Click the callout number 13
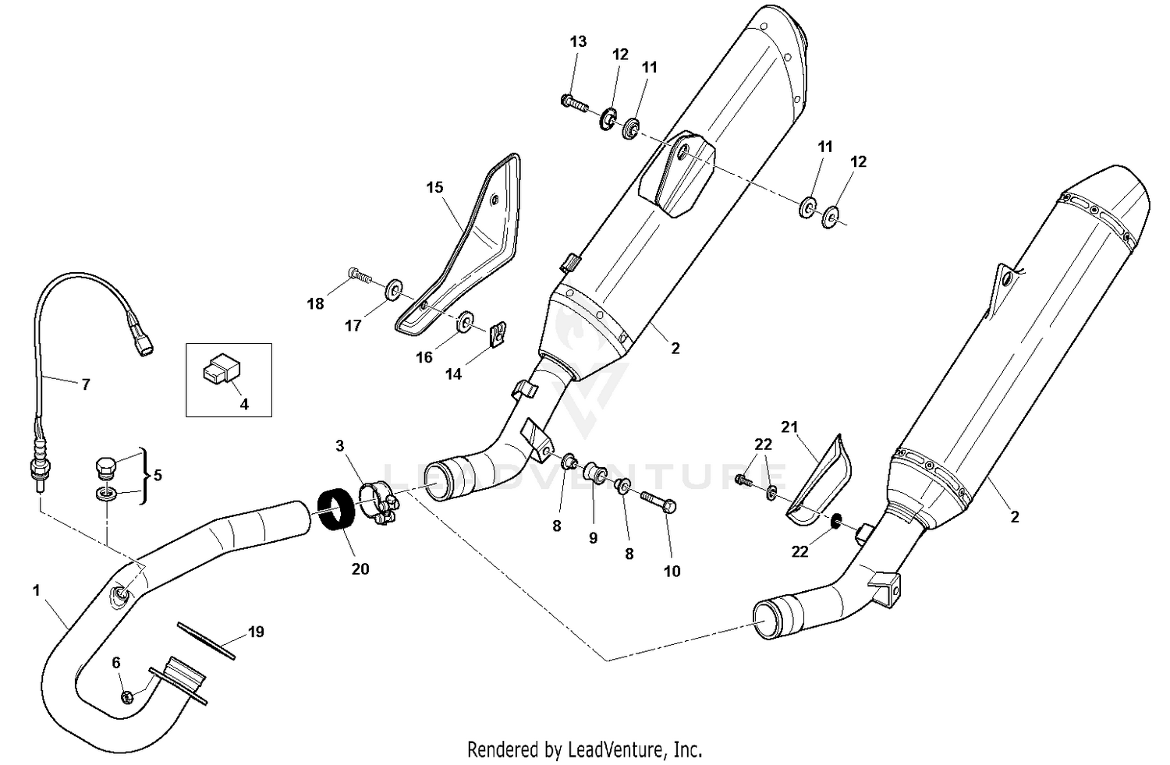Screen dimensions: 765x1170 point(578,41)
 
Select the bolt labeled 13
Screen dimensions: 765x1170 point(573,101)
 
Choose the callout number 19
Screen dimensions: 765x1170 point(256,631)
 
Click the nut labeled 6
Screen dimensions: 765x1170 point(128,696)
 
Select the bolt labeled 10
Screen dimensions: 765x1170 point(658,500)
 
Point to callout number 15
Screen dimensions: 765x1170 point(434,187)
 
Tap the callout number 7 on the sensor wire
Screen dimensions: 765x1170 point(86,384)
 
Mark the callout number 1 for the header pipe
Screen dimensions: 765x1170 point(36,591)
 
